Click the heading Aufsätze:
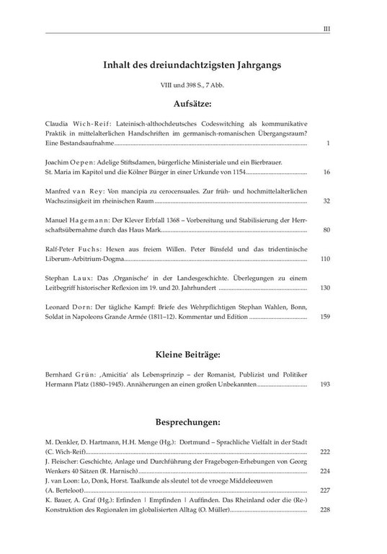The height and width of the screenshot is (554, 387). pyautogui.click(x=192, y=103)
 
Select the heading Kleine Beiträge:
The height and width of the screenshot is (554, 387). pyautogui.click(x=192, y=355)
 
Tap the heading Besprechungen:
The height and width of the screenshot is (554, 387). pyautogui.click(x=192, y=422)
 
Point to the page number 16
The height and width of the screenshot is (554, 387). pyautogui.click(x=326, y=173)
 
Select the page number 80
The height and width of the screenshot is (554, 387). pyautogui.click(x=326, y=230)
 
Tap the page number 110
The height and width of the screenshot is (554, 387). pyautogui.click(x=324, y=258)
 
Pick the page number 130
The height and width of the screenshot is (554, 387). pyautogui.click(x=324, y=287)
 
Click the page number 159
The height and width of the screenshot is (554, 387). pyautogui.click(x=324, y=316)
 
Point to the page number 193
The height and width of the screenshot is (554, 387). pyautogui.click(x=324, y=384)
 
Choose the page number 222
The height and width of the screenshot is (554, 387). pyautogui.click(x=324, y=452)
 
